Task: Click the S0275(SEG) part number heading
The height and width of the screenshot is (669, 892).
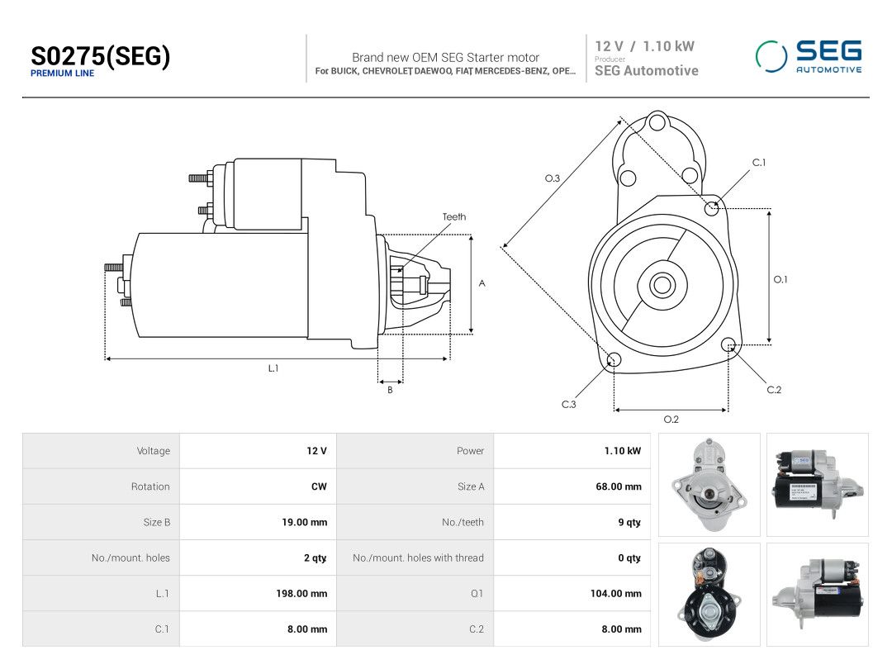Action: (100, 56)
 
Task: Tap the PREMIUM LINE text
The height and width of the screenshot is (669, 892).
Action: (62, 74)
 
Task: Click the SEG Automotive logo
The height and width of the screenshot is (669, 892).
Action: (809, 56)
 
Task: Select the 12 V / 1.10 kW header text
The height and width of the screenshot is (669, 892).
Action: (644, 46)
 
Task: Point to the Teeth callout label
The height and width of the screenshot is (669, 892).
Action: (454, 216)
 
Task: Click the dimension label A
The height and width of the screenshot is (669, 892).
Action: (482, 283)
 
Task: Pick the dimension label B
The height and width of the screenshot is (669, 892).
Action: (390, 390)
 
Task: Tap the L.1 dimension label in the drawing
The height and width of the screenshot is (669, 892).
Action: (273, 368)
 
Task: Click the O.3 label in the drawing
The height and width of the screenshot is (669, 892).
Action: (553, 178)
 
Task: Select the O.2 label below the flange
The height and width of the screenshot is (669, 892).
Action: (671, 420)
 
